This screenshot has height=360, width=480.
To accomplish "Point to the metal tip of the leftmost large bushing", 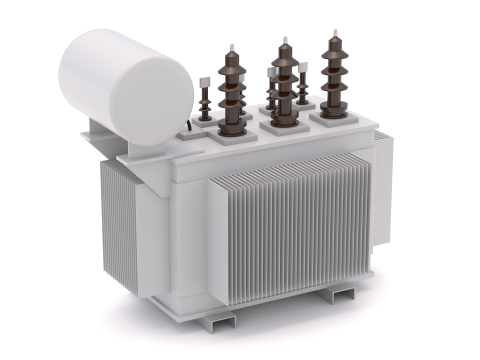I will click(x=231, y=49).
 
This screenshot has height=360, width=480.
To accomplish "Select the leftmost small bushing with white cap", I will click(x=205, y=100).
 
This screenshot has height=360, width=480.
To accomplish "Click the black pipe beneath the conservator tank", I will click(x=188, y=127).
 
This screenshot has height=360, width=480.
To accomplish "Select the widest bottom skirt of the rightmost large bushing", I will click(x=334, y=105).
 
